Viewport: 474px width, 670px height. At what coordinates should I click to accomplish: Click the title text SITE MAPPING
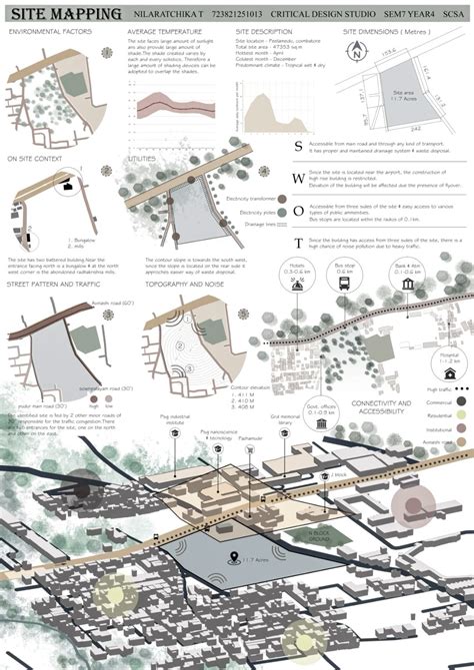[x=64, y=15]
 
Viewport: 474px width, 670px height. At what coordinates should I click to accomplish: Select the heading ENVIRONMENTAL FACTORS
[x=50, y=33]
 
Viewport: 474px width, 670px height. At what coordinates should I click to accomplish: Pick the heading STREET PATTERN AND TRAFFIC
[x=57, y=258]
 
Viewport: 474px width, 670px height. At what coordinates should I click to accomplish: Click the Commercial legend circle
[x=462, y=401]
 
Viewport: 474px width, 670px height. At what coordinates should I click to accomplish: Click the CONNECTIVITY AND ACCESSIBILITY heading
[x=382, y=407]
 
